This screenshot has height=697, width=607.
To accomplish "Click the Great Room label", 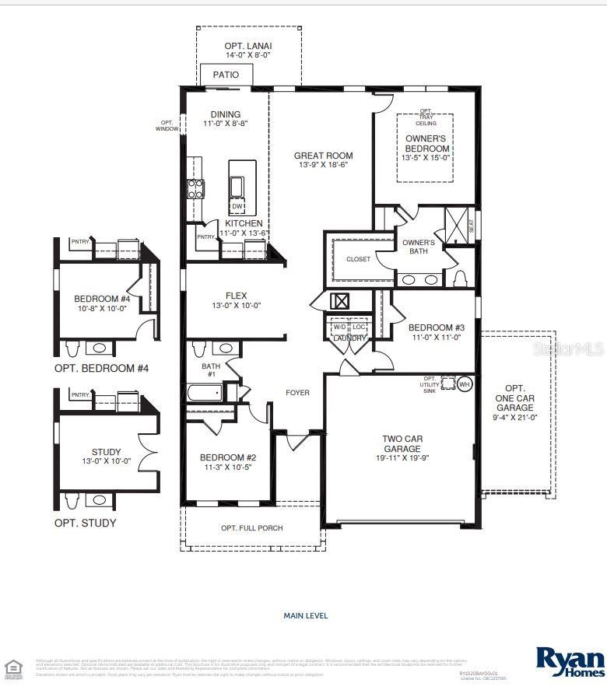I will (x=323, y=156).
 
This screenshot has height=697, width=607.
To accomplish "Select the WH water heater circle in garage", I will (x=465, y=384).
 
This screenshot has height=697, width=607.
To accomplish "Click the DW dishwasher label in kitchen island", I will (x=237, y=206).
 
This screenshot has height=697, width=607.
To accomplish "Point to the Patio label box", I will (x=226, y=75).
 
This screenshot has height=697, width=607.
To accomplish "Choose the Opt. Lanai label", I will (x=248, y=46).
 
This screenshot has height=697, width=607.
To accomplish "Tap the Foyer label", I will (x=297, y=393).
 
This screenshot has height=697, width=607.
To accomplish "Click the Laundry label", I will (x=349, y=338).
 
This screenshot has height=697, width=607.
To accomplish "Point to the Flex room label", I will (x=236, y=296).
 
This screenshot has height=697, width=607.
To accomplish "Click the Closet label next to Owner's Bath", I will (x=359, y=259).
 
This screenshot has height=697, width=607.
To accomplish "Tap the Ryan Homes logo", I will (x=570, y=661).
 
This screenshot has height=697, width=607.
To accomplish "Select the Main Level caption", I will (x=305, y=615).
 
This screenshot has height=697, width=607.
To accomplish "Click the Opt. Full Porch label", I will (x=251, y=528).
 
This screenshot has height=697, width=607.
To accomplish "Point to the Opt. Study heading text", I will (x=85, y=523).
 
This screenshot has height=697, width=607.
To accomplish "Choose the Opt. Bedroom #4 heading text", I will (x=101, y=368).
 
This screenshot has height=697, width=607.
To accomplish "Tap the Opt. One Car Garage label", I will (x=514, y=402).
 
